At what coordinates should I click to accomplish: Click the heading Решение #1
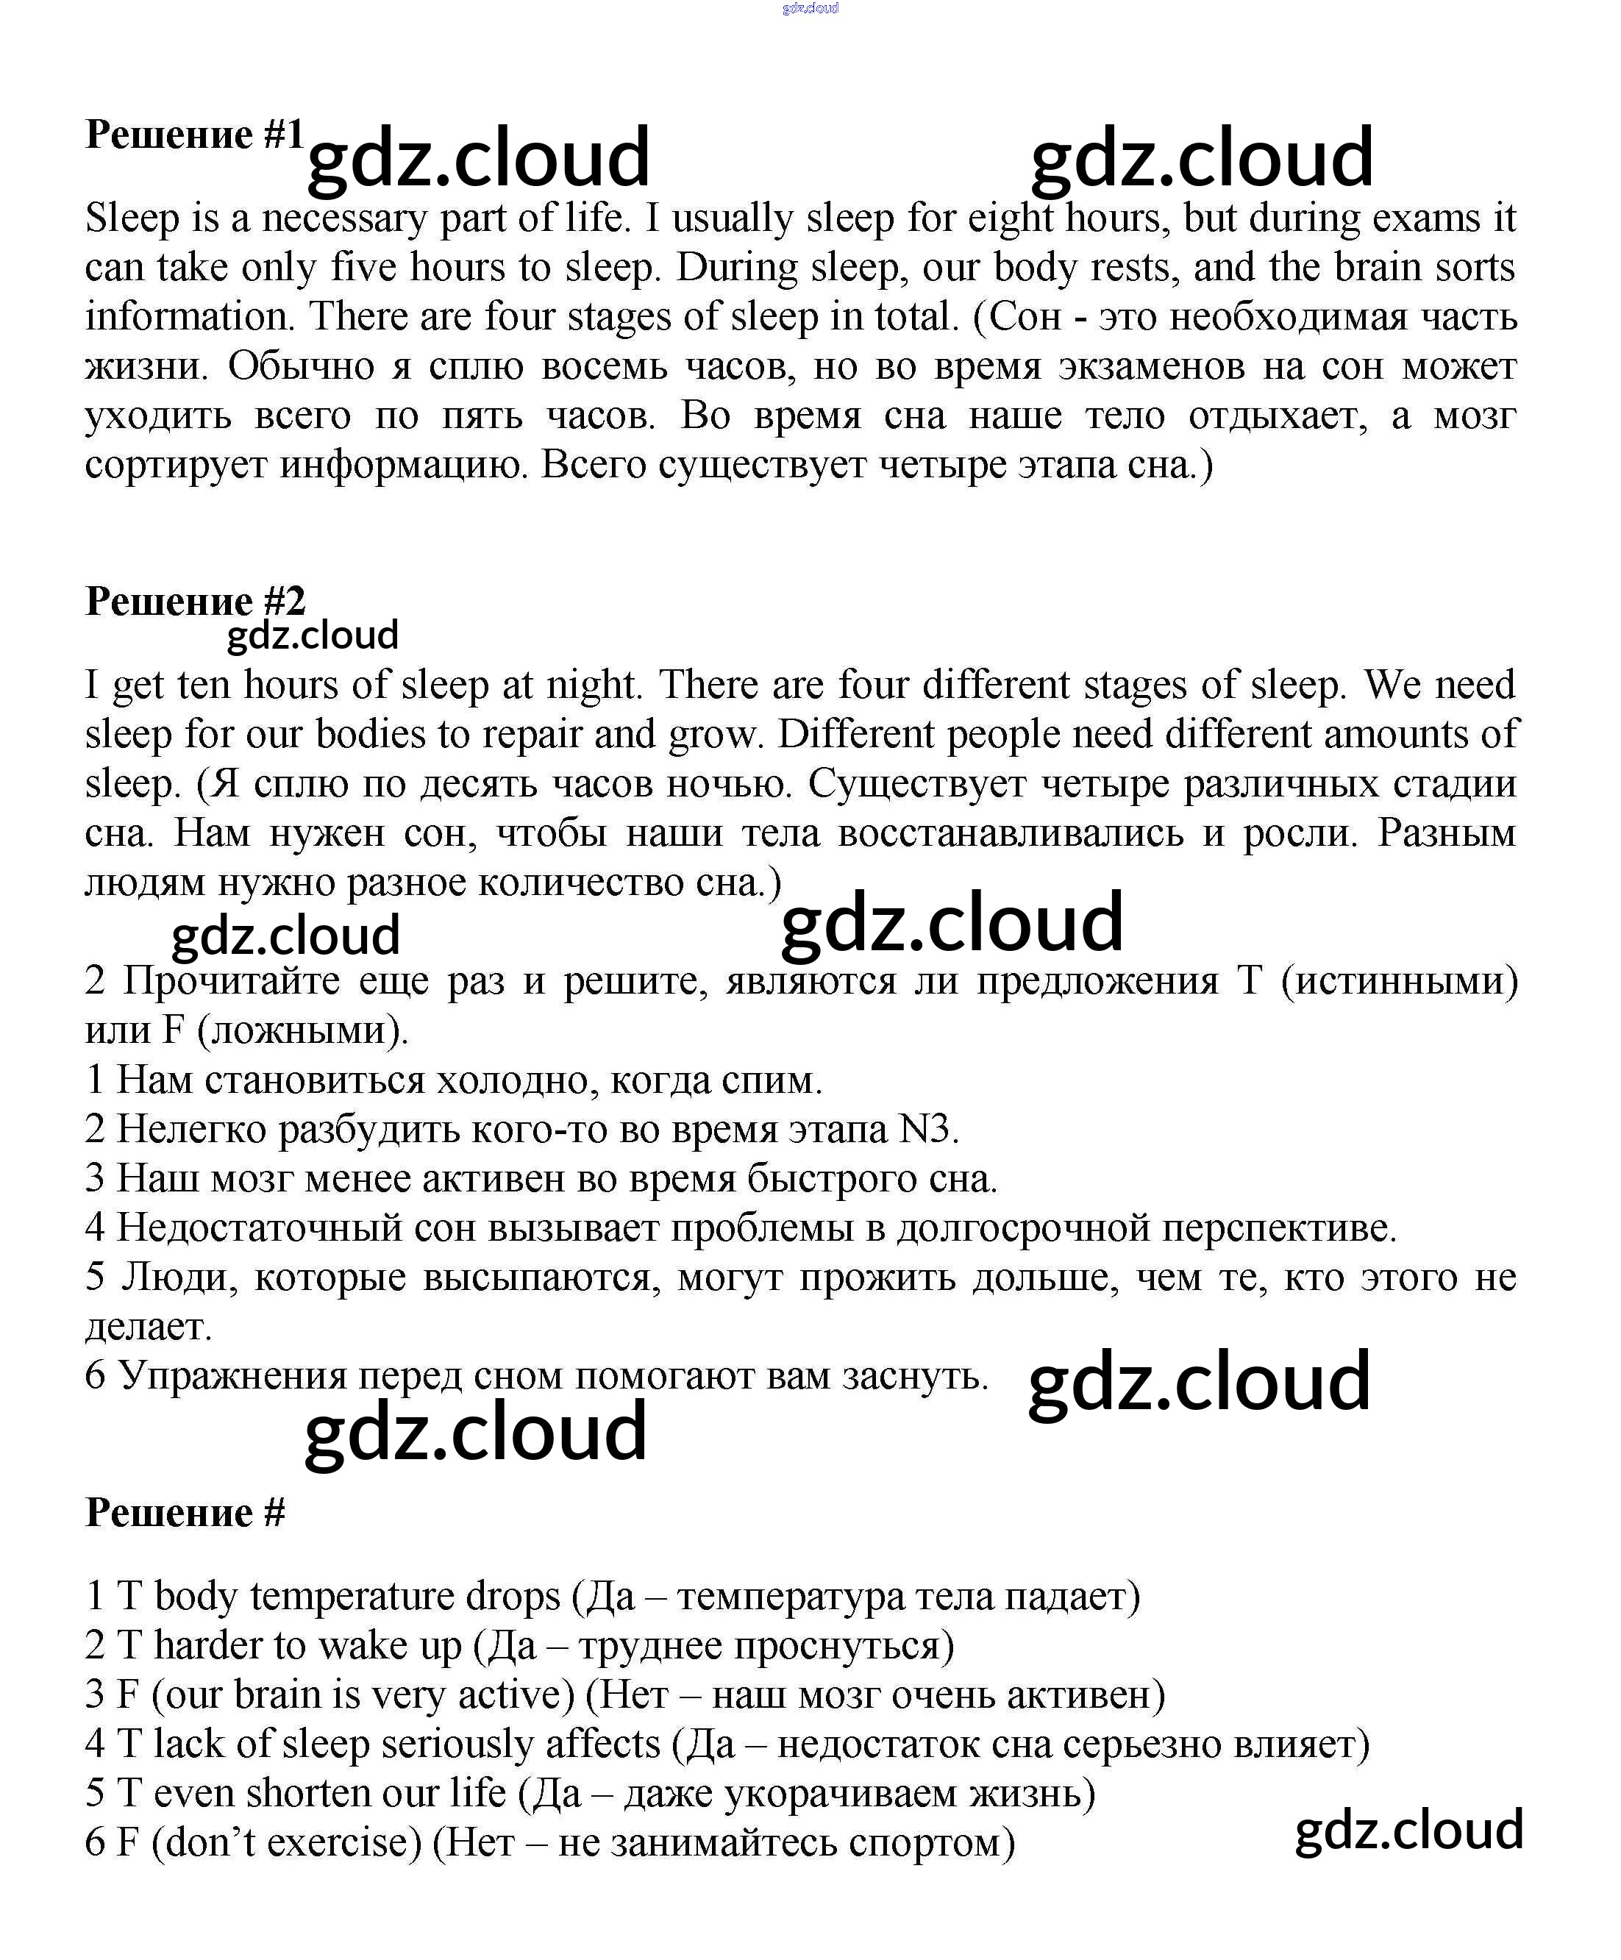(x=194, y=135)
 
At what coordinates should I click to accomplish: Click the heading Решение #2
(x=194, y=601)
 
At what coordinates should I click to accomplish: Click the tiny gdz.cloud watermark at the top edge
(x=810, y=8)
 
